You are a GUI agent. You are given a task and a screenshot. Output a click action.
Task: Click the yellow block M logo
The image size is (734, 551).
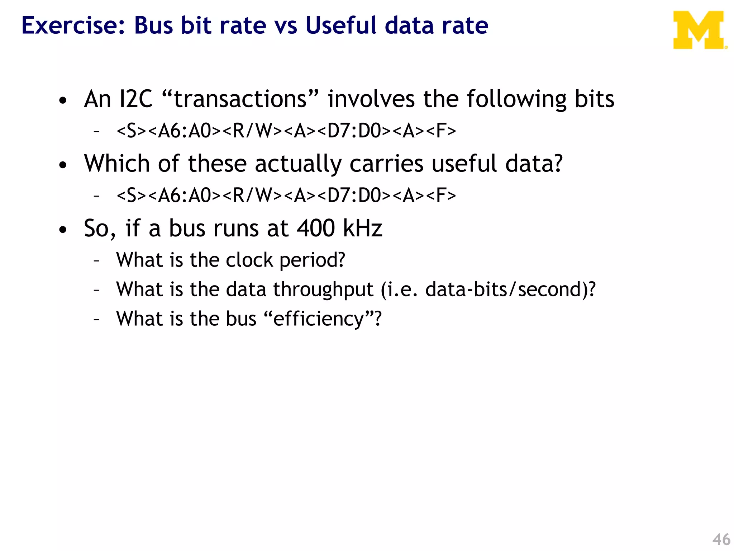699,30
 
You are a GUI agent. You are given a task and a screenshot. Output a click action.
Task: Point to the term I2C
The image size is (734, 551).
135,99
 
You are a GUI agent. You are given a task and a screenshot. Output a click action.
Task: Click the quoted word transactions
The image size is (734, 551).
240,99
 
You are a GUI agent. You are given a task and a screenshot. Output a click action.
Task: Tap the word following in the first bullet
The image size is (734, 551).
516,100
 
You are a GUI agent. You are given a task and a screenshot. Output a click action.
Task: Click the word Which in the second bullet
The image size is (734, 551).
117,164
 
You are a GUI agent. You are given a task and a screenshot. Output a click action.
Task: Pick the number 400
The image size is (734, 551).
316,228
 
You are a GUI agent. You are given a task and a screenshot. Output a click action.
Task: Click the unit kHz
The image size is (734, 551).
363,228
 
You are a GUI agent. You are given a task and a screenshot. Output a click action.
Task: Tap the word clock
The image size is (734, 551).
249,260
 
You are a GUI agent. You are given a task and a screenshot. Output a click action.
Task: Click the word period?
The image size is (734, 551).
312,260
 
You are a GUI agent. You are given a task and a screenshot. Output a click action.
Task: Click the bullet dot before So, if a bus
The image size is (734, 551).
63,230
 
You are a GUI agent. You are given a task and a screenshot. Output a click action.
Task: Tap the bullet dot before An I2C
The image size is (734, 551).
63,101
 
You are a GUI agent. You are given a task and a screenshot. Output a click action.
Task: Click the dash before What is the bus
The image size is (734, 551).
96,319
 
